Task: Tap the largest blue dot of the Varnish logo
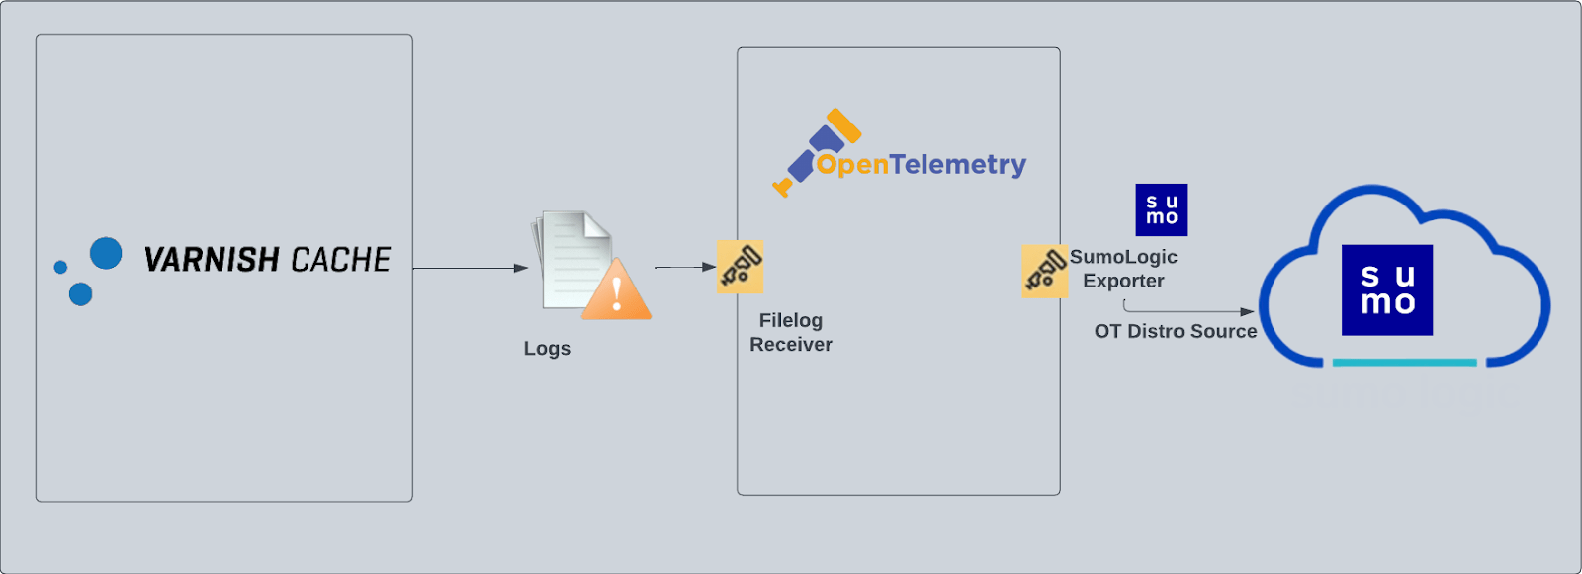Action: point(106,254)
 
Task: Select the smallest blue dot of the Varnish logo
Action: point(60,267)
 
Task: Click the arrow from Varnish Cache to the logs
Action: point(470,268)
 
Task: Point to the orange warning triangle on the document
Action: point(617,292)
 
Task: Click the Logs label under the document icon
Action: point(547,349)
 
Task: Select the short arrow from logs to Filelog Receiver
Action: point(684,267)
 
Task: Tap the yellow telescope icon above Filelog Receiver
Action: point(740,267)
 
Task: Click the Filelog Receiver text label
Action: point(791,332)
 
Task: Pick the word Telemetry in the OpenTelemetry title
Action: point(958,164)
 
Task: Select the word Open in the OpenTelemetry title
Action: point(852,165)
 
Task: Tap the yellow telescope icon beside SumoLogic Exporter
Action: point(1044,271)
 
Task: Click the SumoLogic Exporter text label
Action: point(1123,269)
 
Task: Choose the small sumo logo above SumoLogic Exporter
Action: point(1162,209)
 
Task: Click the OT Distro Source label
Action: point(1176,332)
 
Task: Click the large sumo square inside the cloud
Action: point(1387,289)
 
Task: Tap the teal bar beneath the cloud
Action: point(1404,363)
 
